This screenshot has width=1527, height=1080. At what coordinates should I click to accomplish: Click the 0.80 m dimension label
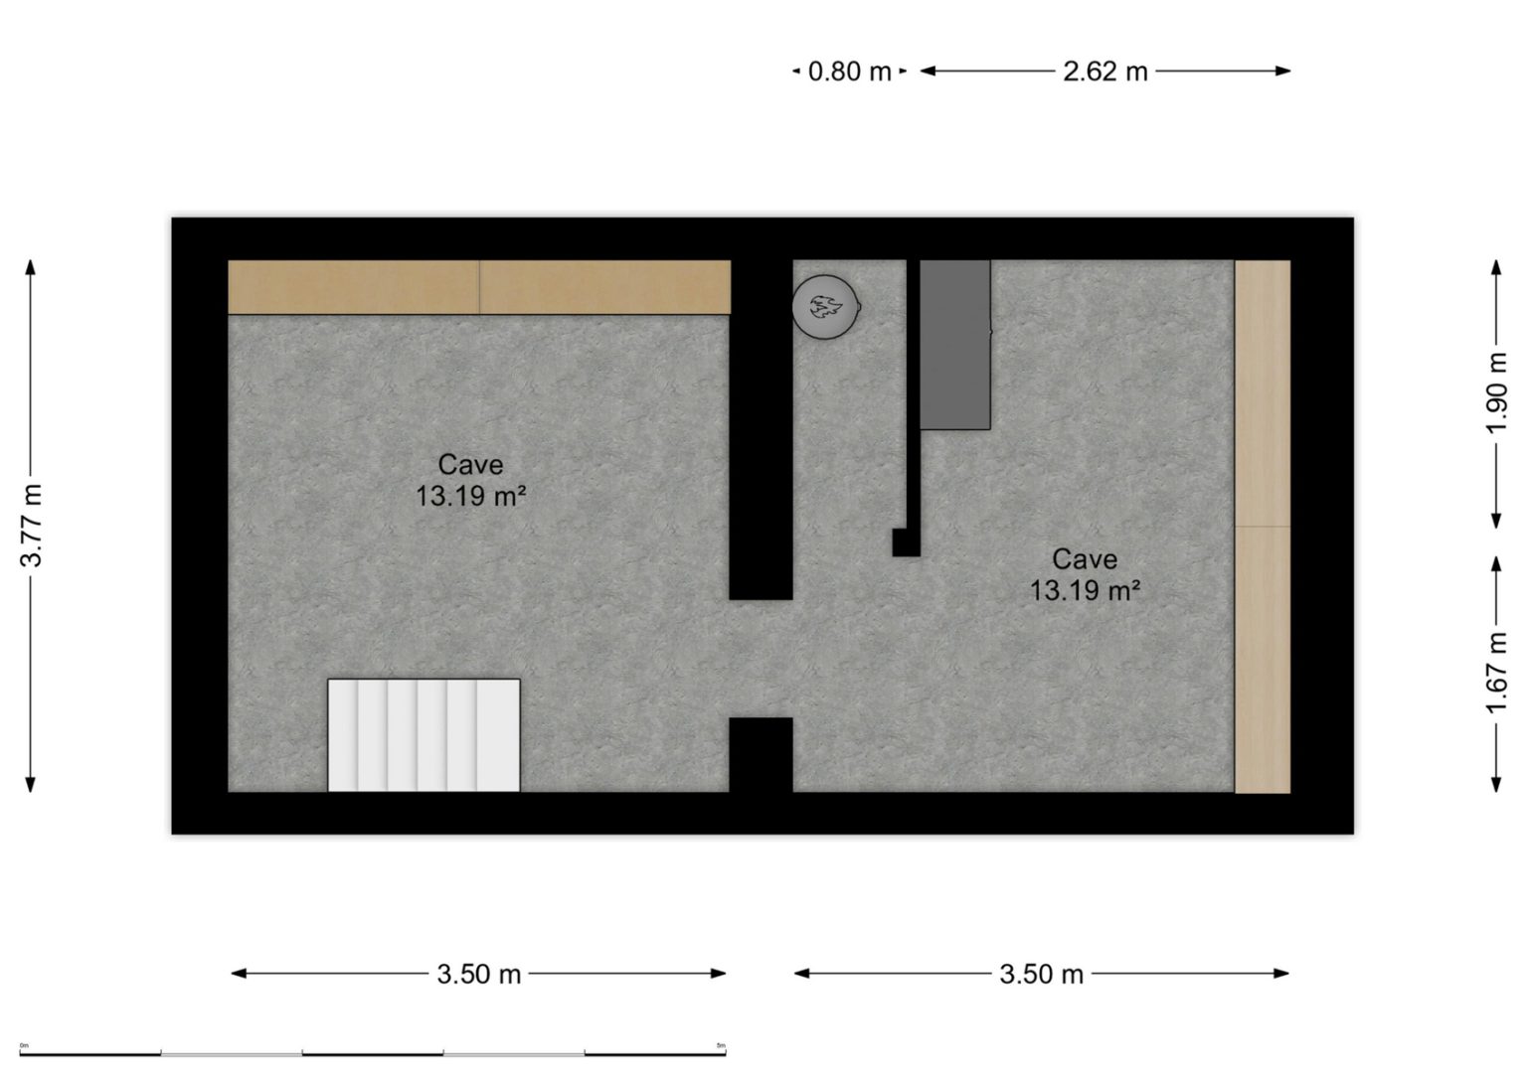coord(849,72)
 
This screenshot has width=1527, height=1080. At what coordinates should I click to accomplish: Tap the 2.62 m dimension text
coord(1104,72)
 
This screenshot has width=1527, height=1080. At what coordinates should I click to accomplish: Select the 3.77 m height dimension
coord(32,526)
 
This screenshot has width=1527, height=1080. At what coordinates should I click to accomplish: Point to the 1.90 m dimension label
coord(1498,392)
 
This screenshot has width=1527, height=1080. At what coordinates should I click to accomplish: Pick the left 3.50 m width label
coord(478,974)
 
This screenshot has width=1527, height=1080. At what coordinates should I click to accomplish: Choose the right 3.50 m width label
coord(1041,974)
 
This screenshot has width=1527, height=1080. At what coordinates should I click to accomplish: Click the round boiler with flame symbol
coord(824,306)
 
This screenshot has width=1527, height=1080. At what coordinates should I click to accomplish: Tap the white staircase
coord(424,735)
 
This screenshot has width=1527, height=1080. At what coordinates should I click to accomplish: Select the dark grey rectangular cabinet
coord(954,344)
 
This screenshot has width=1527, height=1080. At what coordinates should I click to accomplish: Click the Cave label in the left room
coord(470,464)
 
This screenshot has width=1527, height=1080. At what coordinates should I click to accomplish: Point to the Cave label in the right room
coord(1085,558)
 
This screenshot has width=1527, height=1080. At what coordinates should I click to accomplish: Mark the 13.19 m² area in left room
coord(470,496)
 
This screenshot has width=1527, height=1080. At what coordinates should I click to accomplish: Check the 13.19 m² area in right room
coord(1085,591)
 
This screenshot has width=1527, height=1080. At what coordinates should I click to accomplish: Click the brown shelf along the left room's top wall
coord(479,287)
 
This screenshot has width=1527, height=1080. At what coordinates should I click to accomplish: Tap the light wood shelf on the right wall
coord(1263,527)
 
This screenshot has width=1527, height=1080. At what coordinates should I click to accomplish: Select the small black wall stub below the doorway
coord(761,754)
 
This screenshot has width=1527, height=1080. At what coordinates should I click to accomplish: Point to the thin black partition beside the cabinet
coord(912,397)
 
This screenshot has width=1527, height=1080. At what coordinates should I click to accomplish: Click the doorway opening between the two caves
coord(761,659)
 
